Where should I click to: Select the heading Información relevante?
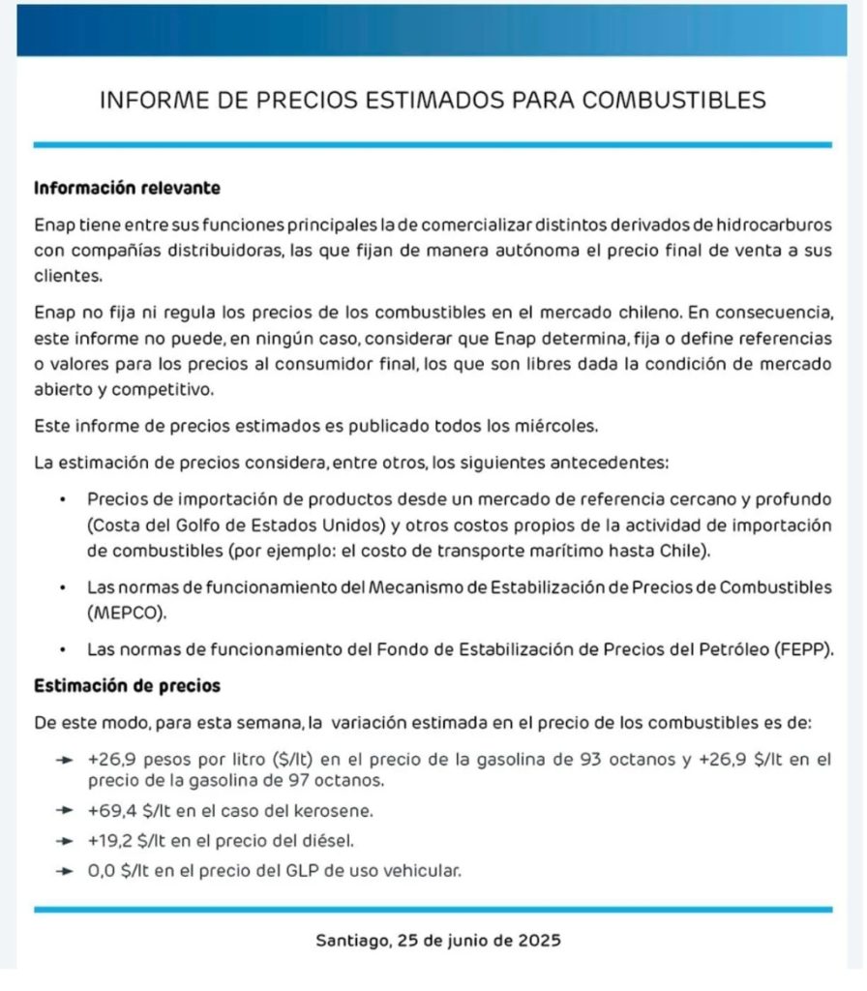point(127,187)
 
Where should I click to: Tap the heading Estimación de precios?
point(127,685)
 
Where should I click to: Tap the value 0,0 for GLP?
point(102,870)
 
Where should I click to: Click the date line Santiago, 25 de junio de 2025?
point(438,940)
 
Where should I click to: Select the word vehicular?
point(422,870)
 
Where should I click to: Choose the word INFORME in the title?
point(151,101)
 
